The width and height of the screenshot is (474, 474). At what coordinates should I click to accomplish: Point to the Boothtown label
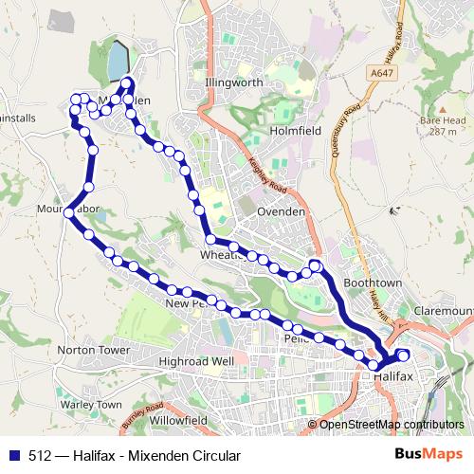point(374,283)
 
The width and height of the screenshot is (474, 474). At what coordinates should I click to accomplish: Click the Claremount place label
point(443,310)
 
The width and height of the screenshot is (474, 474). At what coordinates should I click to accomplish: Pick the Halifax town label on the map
point(393,376)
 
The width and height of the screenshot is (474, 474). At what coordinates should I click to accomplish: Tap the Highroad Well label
point(197,362)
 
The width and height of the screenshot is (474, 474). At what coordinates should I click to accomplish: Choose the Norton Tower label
point(93,350)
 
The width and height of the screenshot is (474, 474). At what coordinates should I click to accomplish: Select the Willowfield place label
point(178,418)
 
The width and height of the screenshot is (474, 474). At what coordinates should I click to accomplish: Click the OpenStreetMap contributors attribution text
point(391,425)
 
